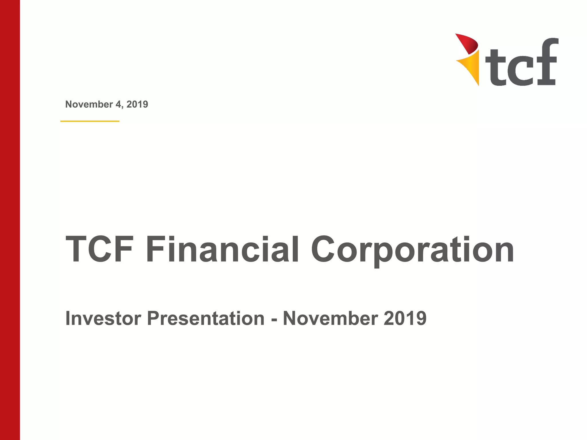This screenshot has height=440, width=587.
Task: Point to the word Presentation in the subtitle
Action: coord(206,318)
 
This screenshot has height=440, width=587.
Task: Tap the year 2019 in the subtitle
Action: coord(405,318)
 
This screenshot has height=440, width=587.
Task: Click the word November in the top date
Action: coord(89,104)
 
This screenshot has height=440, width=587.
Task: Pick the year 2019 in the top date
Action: coord(137,104)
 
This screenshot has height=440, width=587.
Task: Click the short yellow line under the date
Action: coord(90,121)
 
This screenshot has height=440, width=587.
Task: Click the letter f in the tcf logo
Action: coord(546,62)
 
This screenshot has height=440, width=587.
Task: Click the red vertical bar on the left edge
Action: coord(10,220)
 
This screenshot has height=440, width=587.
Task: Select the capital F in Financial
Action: coord(156,249)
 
